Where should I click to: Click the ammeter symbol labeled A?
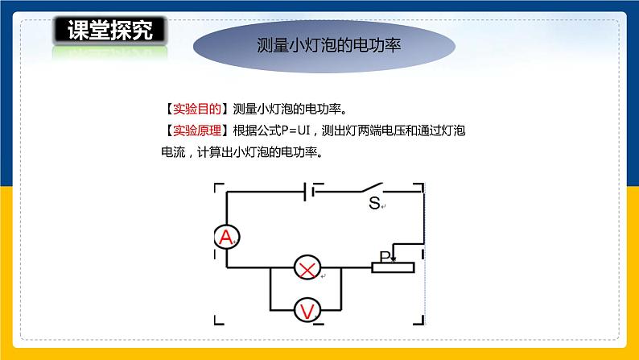(x=226, y=236)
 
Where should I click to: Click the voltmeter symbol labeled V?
(x=305, y=310)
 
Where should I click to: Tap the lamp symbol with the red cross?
(x=305, y=268)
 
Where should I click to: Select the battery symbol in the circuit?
(x=307, y=192)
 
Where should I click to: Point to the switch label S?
(x=373, y=204)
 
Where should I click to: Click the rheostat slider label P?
(x=385, y=256)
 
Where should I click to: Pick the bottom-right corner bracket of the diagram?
(x=420, y=322)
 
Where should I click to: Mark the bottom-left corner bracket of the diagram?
(x=216, y=322)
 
